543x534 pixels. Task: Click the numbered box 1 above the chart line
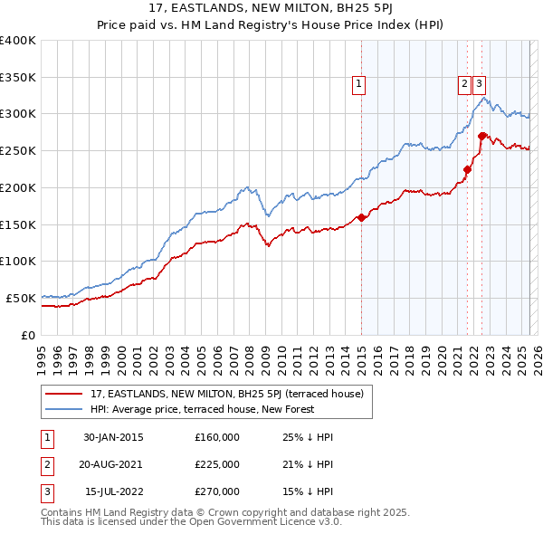point(359,84)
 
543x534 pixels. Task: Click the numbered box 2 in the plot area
point(464,84)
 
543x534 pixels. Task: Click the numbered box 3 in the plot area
point(479,84)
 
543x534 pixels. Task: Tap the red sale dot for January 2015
point(361,217)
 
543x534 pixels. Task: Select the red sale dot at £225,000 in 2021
point(468,168)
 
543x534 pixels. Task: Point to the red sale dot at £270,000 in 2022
point(482,136)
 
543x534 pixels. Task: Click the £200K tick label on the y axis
point(18,187)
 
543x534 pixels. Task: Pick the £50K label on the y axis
point(22,298)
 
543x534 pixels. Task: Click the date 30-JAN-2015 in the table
point(113,437)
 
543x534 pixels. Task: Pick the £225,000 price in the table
point(217,464)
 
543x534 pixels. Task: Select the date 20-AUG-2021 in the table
point(113,464)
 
